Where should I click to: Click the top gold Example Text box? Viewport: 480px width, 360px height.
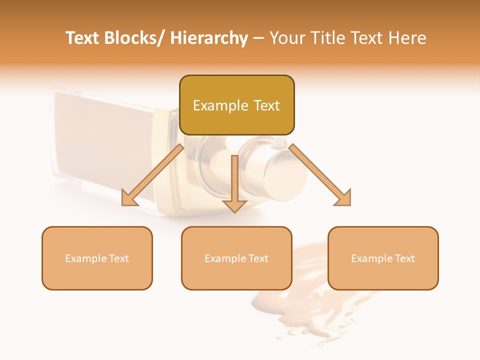point(236,105)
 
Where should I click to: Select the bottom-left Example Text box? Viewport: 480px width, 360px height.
point(97,258)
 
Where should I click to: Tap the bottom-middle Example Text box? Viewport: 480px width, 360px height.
point(236,258)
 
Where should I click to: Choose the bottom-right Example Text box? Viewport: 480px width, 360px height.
point(383,258)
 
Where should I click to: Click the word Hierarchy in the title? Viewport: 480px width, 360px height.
point(209,38)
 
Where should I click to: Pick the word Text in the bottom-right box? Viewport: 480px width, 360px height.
point(404,258)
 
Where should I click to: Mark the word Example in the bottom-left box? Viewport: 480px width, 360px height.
point(85,258)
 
